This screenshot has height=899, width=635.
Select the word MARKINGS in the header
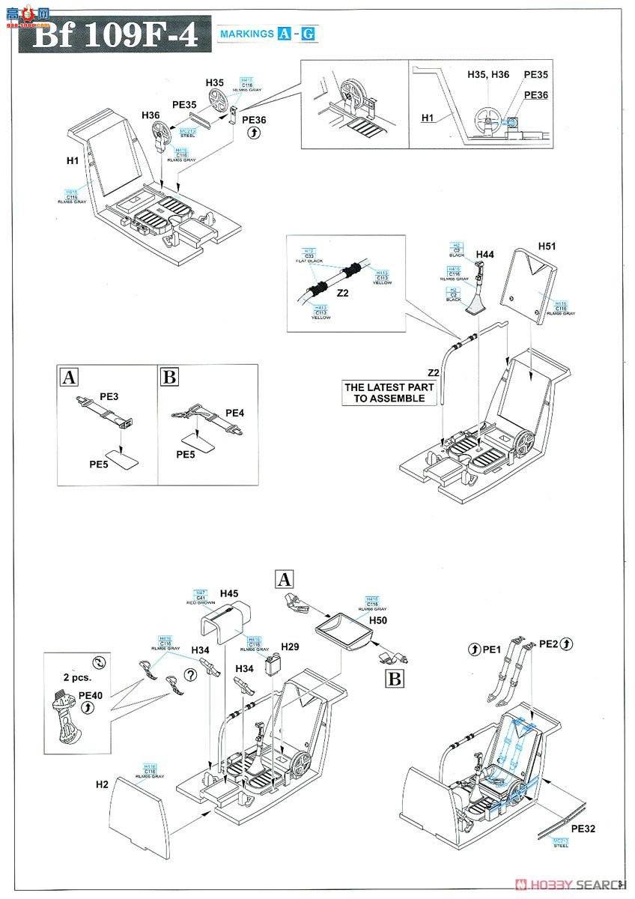point(246,34)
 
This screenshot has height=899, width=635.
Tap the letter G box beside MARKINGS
point(308,34)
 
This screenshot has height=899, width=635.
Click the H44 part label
point(485,255)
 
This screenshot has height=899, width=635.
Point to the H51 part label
point(548,246)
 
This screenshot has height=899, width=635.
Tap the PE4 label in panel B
point(235,412)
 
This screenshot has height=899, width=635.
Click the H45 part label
point(229,593)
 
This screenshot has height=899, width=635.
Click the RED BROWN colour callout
point(201,602)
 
